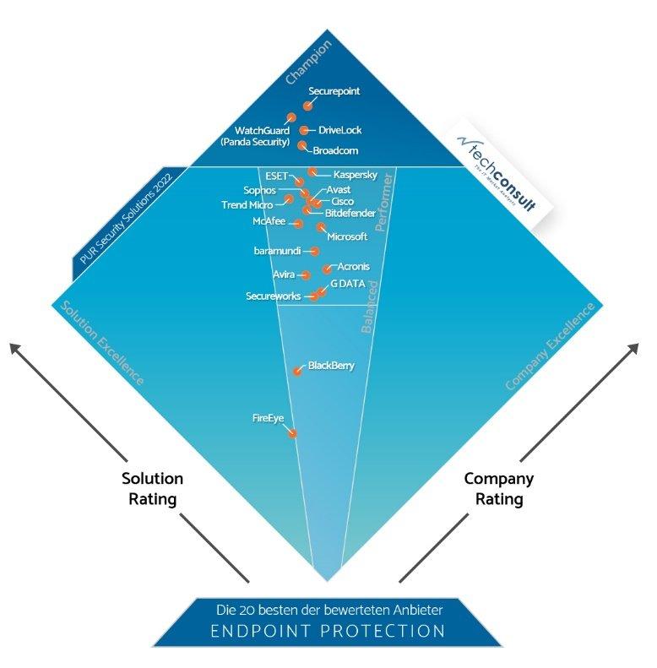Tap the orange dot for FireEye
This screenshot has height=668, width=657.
(293, 433)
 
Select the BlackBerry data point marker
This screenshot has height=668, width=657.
(297, 371)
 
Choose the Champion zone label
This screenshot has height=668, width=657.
(308, 62)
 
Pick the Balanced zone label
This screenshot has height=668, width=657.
(369, 305)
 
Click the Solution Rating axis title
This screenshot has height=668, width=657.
(152, 489)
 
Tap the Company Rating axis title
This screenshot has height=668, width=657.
(499, 489)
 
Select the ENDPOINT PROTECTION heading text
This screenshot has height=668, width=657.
(328, 630)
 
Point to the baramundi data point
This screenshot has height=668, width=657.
(314, 251)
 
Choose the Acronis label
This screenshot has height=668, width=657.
(353, 267)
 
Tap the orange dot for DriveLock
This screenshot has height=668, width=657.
(304, 130)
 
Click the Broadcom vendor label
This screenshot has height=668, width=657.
(335, 151)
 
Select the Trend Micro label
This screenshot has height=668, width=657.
(247, 205)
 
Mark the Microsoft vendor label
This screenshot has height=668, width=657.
(347, 236)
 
